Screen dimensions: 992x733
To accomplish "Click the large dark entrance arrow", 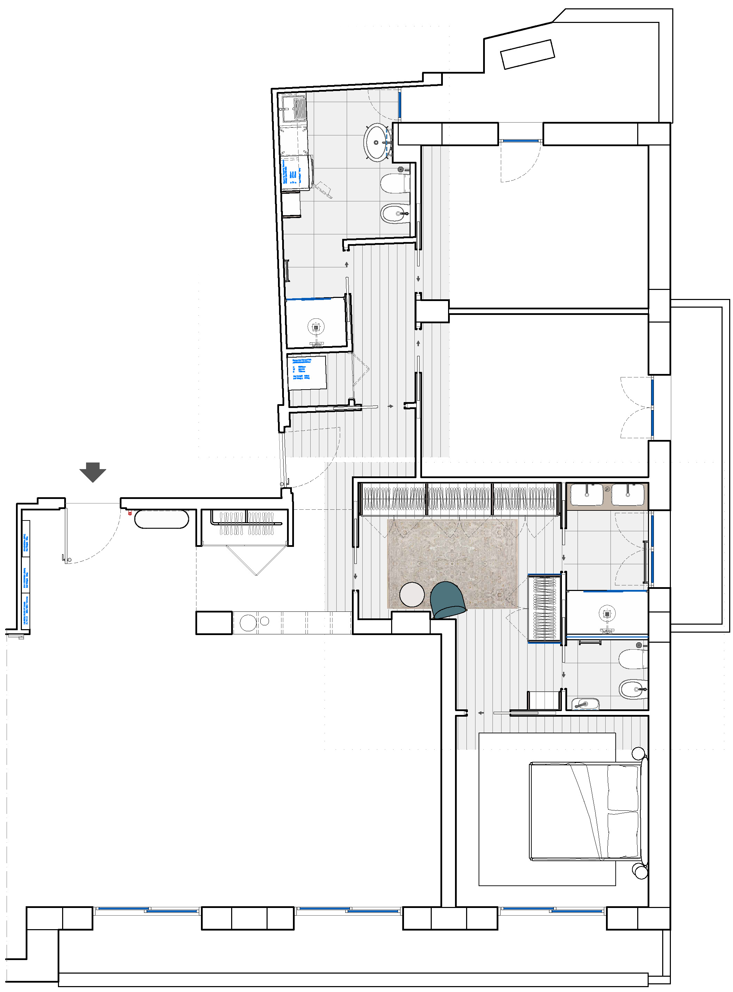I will point(93,472).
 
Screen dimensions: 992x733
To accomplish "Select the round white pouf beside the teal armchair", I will point(412,595).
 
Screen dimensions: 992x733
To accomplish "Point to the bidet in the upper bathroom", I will point(395,214).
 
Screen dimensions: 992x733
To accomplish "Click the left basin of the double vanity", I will point(586,494).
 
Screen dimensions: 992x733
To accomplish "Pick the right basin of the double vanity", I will point(627,494).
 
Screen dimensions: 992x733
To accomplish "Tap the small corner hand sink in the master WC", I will point(585,704).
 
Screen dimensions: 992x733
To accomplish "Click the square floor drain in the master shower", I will point(607,614).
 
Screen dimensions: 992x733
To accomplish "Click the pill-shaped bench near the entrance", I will point(161,519).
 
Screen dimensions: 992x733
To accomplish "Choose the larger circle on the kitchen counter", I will point(248,623).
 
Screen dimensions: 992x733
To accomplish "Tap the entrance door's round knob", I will point(69,560).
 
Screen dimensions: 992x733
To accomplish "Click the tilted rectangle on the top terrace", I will point(528,54).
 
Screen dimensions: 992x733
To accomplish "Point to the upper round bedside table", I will point(638,753).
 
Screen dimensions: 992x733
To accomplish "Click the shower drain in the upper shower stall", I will point(315,327).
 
